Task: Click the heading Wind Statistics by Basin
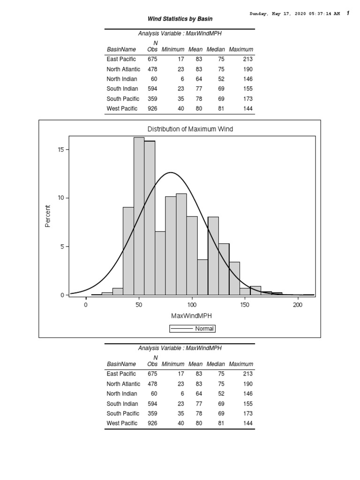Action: (x=180, y=19)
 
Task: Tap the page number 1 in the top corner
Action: (x=347, y=13)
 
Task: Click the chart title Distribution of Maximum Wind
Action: (x=190, y=129)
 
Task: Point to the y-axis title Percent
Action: (x=47, y=216)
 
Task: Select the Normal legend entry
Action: (x=192, y=329)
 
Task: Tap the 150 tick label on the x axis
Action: (x=245, y=305)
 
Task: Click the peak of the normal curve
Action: (x=171, y=172)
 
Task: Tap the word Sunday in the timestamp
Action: (x=257, y=14)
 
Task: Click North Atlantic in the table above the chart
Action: (x=123, y=69)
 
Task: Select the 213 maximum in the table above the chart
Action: (x=248, y=59)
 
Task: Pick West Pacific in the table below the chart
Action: (x=122, y=423)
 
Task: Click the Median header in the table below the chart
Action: (x=216, y=364)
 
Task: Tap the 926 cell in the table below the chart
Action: (x=152, y=423)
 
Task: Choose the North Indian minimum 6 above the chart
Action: (x=176, y=79)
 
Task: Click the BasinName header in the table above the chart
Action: (x=121, y=49)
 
